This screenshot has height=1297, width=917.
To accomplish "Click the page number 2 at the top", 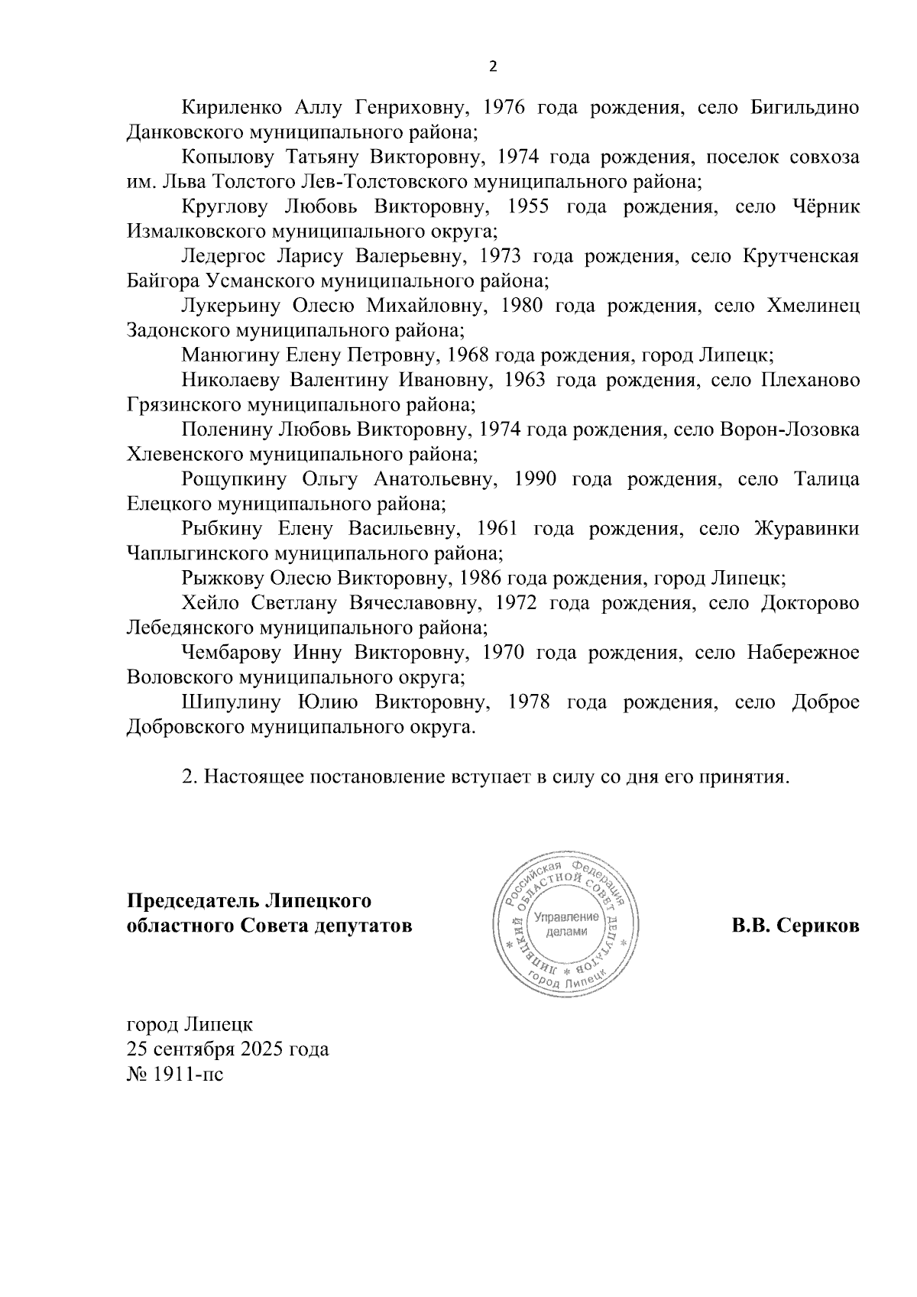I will [492, 66].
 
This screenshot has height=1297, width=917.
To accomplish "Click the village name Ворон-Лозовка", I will [789, 430].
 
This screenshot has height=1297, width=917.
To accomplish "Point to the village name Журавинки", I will [806, 530].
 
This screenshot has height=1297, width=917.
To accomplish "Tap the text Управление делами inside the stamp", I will [566, 925].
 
